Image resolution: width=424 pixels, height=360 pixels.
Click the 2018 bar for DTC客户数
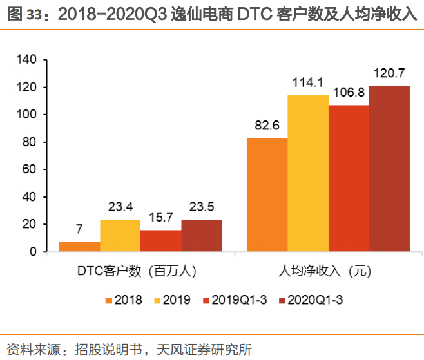[x=80, y=247]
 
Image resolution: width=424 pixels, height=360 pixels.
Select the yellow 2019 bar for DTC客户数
[x=120, y=236]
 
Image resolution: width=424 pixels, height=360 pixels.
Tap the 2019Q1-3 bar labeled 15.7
[x=161, y=241]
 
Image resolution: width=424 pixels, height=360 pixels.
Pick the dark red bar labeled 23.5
[x=202, y=236]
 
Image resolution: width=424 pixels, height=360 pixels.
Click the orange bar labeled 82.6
[x=267, y=195]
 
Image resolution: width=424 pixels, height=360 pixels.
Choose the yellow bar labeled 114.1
[x=308, y=173]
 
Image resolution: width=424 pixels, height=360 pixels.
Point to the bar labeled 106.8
[x=349, y=178]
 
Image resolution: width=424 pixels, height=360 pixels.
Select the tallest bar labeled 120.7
[x=389, y=169]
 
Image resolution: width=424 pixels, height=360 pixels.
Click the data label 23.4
[x=120, y=207]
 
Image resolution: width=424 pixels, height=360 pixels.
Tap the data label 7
[x=79, y=229]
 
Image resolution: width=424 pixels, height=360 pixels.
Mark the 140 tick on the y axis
[x=26, y=59]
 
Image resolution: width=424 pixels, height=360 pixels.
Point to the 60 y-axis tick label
[x=29, y=169]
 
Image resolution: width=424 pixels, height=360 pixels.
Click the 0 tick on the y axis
[x=33, y=252]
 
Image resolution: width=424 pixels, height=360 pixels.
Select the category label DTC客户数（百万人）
[x=137, y=271]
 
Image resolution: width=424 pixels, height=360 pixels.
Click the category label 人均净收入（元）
[x=325, y=271]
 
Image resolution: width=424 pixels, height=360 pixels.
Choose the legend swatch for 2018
[x=109, y=300]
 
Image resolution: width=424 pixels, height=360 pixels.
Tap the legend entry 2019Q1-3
[x=235, y=300]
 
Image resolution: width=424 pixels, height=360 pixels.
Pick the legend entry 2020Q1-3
[x=311, y=300]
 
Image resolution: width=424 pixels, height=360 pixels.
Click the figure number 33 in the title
[x=34, y=15]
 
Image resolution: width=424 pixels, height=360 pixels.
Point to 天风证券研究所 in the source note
[x=204, y=350]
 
